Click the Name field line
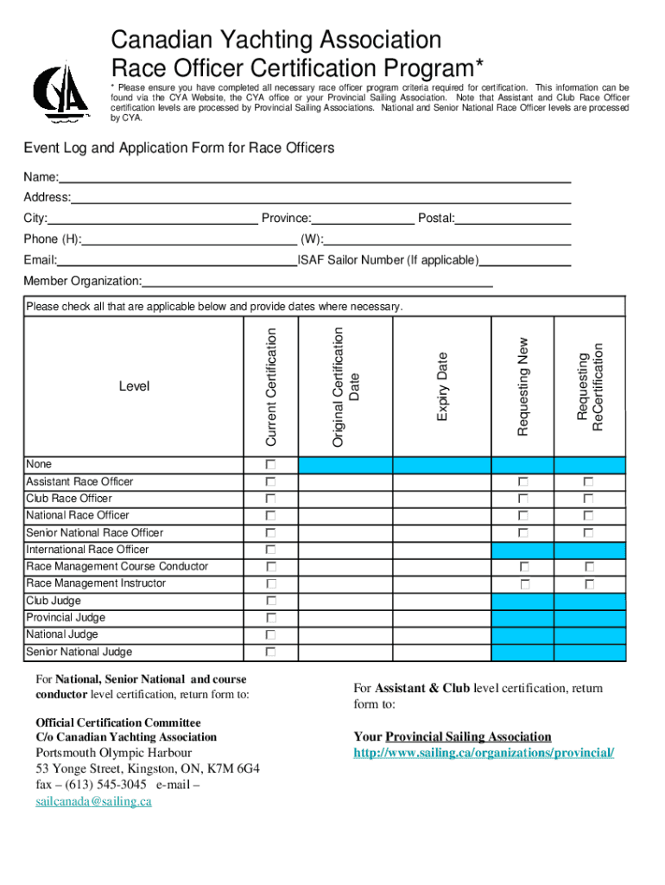pos(315,177)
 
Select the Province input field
pos(363,219)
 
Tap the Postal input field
pos(513,219)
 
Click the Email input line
pos(177,260)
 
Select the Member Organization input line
pos(318,281)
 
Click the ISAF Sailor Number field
pos(526,260)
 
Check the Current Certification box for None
pos(271,465)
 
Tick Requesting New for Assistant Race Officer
pos(522,481)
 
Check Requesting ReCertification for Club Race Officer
pos(588,499)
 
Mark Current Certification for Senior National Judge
pos(271,652)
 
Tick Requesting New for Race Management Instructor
pos(522,583)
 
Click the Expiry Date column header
pos(442,386)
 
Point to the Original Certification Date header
pos(345,386)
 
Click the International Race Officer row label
pos(87,550)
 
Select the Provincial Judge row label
pos(66,618)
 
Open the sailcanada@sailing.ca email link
pos(93,801)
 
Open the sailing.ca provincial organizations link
pos(484,753)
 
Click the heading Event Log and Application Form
pos(179,148)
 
